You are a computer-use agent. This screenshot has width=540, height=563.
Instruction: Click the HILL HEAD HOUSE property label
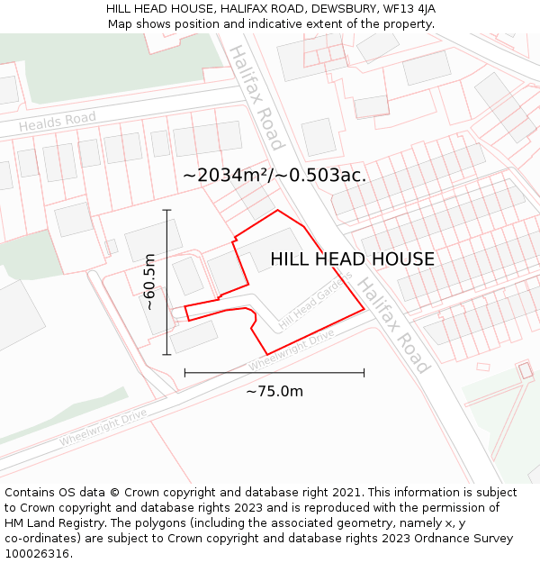coord(352,259)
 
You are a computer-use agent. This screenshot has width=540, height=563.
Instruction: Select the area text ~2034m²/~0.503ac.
coord(274,176)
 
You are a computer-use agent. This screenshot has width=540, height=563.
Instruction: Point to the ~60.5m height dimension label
coord(150,282)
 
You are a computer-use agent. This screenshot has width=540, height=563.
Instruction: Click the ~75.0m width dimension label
coord(274,391)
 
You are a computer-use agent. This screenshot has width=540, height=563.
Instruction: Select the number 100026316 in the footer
coord(37,554)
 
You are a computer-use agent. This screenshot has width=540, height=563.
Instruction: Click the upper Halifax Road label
coord(256,96)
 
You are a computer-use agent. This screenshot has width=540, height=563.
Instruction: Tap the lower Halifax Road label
coord(394,324)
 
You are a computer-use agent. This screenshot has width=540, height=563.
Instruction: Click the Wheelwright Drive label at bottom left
coord(103,429)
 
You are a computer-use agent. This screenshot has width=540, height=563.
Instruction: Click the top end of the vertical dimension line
coord(166,209)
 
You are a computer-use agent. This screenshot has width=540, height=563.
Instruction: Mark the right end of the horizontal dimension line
coord(364,372)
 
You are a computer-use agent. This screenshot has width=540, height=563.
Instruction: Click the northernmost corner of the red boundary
coord(277,210)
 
